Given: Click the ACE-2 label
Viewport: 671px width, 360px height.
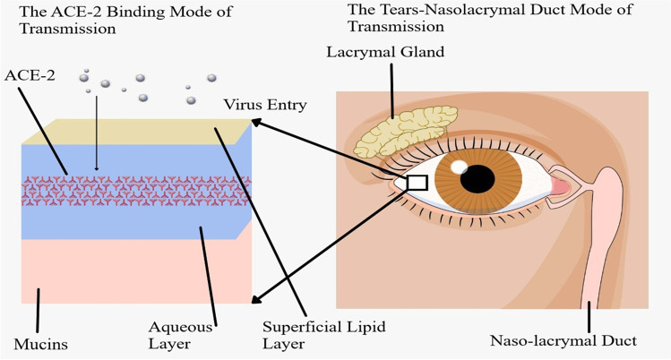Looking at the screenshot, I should pyautogui.click(x=30, y=74).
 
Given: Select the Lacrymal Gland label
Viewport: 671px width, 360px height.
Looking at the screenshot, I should pyautogui.click(x=384, y=52).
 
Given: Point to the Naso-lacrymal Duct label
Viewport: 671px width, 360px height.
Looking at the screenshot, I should pyautogui.click(x=563, y=340).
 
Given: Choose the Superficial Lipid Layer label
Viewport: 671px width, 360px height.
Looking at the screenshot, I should pyautogui.click(x=318, y=335).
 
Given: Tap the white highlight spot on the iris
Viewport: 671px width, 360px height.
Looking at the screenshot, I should pyautogui.click(x=459, y=167).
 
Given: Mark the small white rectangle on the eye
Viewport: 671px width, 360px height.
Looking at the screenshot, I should pyautogui.click(x=417, y=182).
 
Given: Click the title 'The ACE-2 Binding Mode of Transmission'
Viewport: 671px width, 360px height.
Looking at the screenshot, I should pyautogui.click(x=72, y=20).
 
